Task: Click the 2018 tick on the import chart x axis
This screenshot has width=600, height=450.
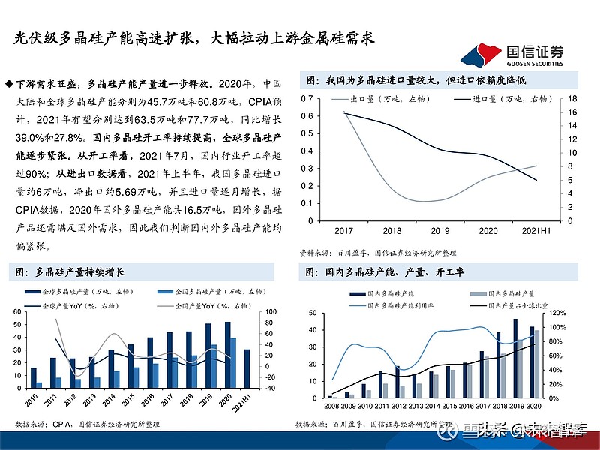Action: tap(391, 230)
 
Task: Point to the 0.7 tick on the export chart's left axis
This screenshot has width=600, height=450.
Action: tap(307, 99)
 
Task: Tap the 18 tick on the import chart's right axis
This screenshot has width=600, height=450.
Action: tap(571, 99)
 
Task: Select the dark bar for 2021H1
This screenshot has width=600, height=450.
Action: tap(247, 367)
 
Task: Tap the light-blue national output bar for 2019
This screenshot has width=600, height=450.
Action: tap(214, 365)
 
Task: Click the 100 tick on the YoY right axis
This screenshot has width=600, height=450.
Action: tap(271, 311)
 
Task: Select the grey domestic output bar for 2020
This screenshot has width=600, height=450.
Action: tap(537, 364)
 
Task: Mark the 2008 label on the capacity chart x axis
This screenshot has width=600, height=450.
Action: tap(331, 406)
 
